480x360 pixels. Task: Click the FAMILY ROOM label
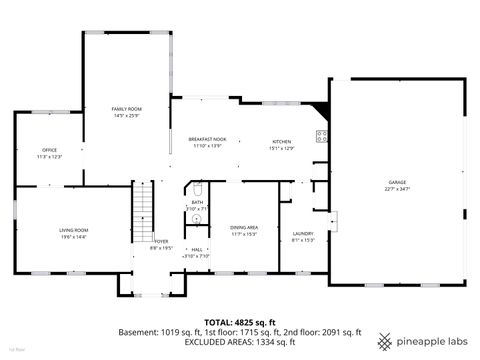point(126,108)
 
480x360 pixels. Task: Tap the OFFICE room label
point(49,150)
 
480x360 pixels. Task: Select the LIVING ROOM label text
point(73,230)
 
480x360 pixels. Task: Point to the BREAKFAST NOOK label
point(207,139)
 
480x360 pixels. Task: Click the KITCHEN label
point(282,142)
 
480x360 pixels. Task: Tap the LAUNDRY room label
point(303,233)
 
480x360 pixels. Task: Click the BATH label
point(197,202)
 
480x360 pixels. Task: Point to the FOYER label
point(160,241)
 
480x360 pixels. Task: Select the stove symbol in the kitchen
point(322,136)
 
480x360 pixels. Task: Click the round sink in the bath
point(197,219)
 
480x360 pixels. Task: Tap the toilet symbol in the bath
point(198,188)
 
